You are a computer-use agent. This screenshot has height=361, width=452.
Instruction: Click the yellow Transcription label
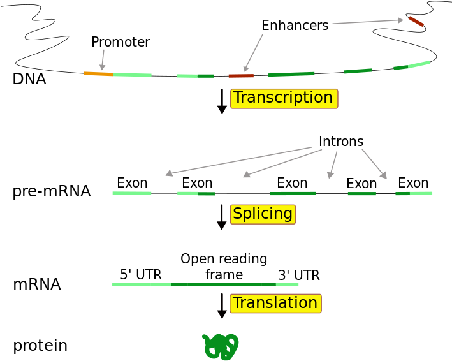(x=284, y=98)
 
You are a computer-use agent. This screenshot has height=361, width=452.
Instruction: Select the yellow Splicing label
(x=263, y=214)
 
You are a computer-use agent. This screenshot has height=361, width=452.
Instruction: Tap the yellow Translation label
(x=275, y=304)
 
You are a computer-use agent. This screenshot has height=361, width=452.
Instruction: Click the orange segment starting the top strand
(x=98, y=74)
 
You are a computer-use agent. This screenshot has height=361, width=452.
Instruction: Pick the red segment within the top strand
(x=241, y=76)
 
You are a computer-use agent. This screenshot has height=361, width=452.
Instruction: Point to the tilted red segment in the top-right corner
(x=416, y=22)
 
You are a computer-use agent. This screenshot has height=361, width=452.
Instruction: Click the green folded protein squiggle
(x=221, y=346)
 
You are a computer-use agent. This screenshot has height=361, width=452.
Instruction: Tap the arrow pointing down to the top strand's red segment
(x=253, y=53)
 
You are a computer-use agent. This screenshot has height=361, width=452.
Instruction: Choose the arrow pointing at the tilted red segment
(x=368, y=22)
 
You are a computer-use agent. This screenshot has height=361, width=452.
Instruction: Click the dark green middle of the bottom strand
(x=223, y=284)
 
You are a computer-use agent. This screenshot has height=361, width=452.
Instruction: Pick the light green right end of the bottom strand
(x=288, y=284)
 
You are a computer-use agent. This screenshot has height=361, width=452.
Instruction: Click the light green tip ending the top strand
(x=419, y=64)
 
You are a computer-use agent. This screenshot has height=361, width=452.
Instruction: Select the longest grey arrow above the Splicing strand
(x=238, y=160)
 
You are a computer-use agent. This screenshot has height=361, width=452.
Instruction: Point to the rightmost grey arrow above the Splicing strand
(x=374, y=164)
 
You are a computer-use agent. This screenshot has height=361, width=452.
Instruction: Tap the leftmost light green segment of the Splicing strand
(x=132, y=193)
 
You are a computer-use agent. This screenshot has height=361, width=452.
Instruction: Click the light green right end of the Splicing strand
(x=421, y=193)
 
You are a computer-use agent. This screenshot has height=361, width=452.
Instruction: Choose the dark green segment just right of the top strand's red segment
(x=291, y=75)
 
